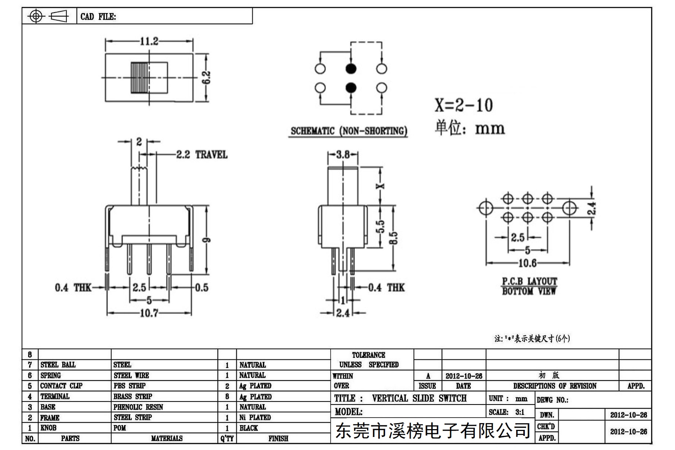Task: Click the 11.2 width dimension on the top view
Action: tap(149, 41)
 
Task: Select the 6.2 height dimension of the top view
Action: tap(207, 78)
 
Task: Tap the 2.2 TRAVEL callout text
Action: tap(202, 154)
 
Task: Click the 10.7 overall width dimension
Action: tap(149, 313)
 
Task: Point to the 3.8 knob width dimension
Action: tap(343, 154)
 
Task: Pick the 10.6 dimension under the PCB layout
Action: tap(527, 263)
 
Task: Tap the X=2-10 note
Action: tap(464, 105)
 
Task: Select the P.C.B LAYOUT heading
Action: tap(529, 281)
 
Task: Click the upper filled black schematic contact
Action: tap(351, 69)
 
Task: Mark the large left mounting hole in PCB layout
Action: tap(486, 208)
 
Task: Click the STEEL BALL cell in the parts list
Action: tap(58, 365)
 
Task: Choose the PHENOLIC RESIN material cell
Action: tap(138, 407)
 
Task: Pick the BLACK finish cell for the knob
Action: tap(249, 428)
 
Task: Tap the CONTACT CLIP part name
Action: tap(61, 386)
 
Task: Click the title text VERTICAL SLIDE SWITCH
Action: tap(419, 398)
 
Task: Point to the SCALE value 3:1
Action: tap(520, 412)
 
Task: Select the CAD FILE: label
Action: tap(98, 17)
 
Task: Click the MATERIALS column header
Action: tap(167, 438)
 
